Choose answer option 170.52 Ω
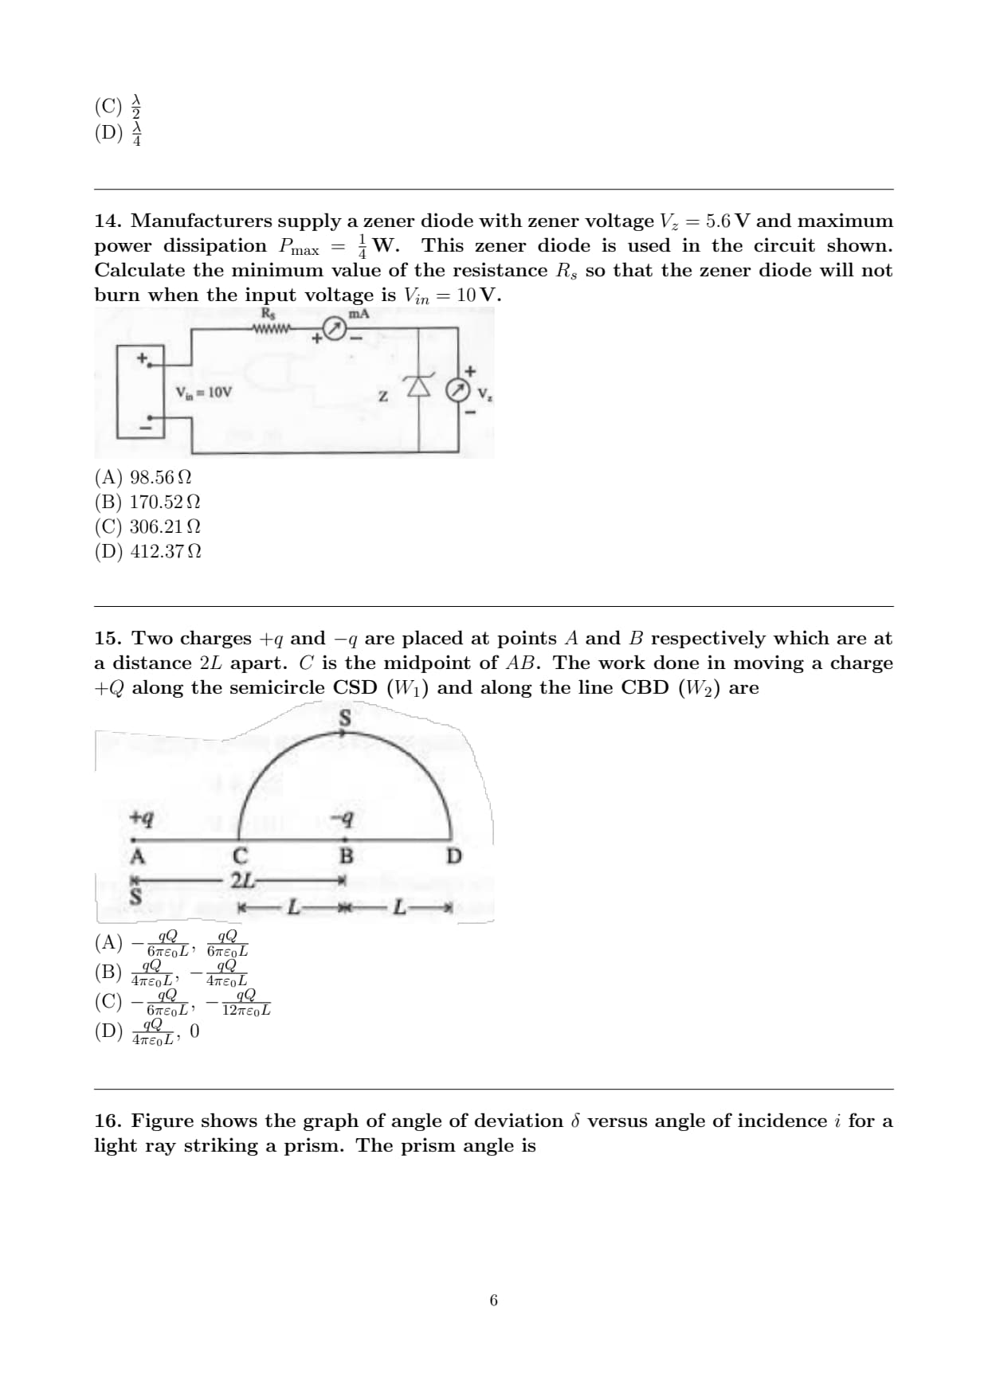pyautogui.click(x=147, y=502)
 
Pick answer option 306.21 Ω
pyautogui.click(x=147, y=526)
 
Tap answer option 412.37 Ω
pyautogui.click(x=147, y=551)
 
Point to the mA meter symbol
pyautogui.click(x=335, y=330)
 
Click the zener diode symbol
pyautogui.click(x=419, y=387)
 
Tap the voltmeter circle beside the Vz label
pyautogui.click(x=457, y=390)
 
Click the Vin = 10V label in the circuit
pyautogui.click(x=204, y=392)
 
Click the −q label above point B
pyautogui.click(x=343, y=818)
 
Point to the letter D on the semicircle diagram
pyautogui.click(x=453, y=857)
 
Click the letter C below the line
pyautogui.click(x=240, y=857)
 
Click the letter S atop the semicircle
pyautogui.click(x=345, y=718)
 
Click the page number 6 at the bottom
pyautogui.click(x=493, y=1301)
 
